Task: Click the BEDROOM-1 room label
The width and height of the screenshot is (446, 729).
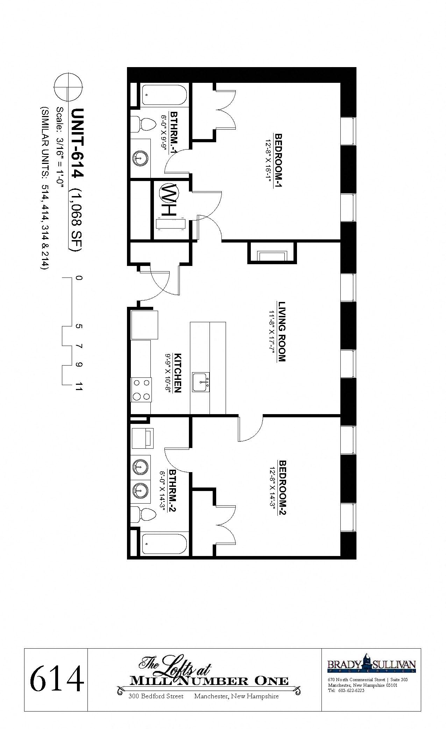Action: pyautogui.click(x=279, y=160)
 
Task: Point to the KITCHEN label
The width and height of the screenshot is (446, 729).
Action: pyautogui.click(x=177, y=373)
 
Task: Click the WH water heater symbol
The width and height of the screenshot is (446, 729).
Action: pyautogui.click(x=169, y=193)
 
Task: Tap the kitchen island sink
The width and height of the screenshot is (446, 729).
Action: pyautogui.click(x=200, y=382)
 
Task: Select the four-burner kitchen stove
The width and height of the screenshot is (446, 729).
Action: pyautogui.click(x=141, y=390)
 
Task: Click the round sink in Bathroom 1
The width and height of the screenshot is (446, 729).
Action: pyautogui.click(x=140, y=158)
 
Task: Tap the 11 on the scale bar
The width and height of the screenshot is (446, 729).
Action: pyautogui.click(x=79, y=387)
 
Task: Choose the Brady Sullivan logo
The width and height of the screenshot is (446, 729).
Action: pyautogui.click(x=371, y=664)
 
